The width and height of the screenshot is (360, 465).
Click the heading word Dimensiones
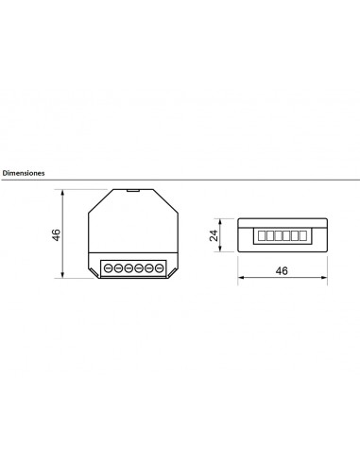[24, 173]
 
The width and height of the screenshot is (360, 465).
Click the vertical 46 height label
[56, 234]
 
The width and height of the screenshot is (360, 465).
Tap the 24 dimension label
[214, 235]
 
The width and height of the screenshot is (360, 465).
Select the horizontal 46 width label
[282, 270]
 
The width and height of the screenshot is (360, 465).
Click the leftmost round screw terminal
[108, 268]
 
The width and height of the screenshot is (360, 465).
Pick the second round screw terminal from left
[118, 268]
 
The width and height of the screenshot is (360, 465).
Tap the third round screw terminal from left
[129, 268]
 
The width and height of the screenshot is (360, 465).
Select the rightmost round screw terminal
[160, 268]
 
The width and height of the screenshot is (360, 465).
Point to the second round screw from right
[149, 268]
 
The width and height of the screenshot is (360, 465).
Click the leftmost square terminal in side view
[262, 235]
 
